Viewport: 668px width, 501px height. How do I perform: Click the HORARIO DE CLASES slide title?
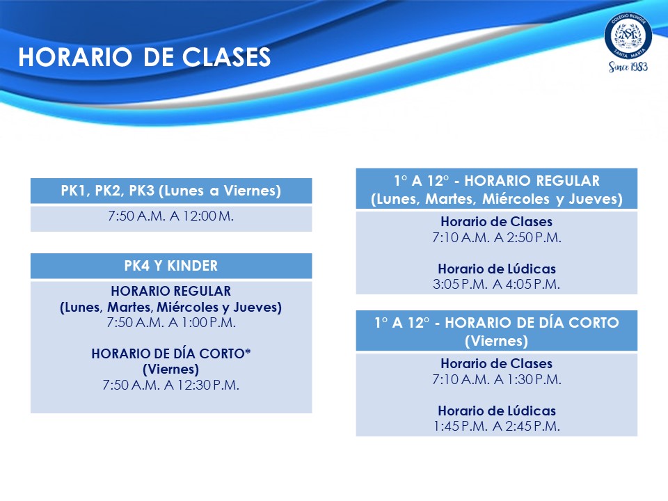point(145,57)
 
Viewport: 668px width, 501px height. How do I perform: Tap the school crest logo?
point(628,35)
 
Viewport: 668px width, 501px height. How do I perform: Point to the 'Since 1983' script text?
point(628,67)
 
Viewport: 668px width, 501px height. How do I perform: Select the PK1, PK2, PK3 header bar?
point(171,191)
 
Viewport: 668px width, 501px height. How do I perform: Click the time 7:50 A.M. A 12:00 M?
point(171,216)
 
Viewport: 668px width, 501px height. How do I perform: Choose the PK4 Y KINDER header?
point(171,266)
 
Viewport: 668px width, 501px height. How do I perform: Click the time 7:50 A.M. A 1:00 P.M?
point(171,322)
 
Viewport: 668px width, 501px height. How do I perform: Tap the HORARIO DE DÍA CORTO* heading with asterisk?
point(171,353)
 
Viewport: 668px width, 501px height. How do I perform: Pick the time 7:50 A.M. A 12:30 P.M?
point(171,385)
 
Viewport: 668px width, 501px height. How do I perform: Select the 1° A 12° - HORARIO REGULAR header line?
point(497,181)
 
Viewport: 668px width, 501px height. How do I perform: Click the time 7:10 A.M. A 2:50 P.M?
point(497,237)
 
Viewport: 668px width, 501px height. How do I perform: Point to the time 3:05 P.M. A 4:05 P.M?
point(497,284)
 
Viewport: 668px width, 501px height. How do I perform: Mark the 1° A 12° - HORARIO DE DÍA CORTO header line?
point(497,322)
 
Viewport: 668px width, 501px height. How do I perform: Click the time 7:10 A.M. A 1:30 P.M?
point(497,379)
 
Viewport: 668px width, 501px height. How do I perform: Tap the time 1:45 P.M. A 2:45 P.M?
point(497,426)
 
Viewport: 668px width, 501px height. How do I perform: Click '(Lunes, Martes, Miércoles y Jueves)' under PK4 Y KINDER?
point(171,307)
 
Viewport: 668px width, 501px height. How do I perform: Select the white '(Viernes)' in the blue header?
point(497,341)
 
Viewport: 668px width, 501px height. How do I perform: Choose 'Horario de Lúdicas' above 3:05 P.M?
point(497,269)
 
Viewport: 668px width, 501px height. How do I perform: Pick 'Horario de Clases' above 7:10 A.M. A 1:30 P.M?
point(497,363)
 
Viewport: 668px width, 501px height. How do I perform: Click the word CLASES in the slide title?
point(227,57)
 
